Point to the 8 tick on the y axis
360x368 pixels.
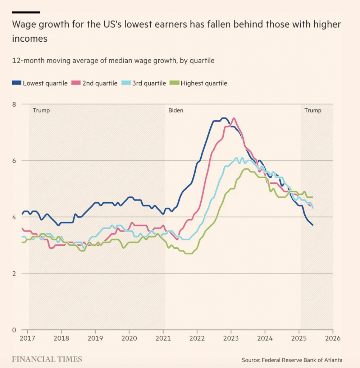(x=14, y=104)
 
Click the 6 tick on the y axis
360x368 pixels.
(x=14, y=161)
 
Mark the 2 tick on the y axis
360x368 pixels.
(x=14, y=273)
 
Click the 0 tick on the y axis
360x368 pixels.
(x=14, y=330)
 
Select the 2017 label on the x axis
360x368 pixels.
(x=27, y=339)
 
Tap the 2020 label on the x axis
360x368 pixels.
(x=129, y=339)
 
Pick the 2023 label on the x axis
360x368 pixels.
(x=231, y=339)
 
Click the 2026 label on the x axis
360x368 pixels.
(x=333, y=339)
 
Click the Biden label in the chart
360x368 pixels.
(x=176, y=110)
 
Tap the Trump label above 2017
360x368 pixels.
(x=41, y=110)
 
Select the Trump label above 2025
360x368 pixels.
(x=313, y=110)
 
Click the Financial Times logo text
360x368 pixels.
(x=47, y=359)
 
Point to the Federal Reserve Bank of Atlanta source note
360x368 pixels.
(x=292, y=360)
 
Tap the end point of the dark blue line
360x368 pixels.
(x=313, y=225)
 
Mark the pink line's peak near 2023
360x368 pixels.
(x=234, y=118)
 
